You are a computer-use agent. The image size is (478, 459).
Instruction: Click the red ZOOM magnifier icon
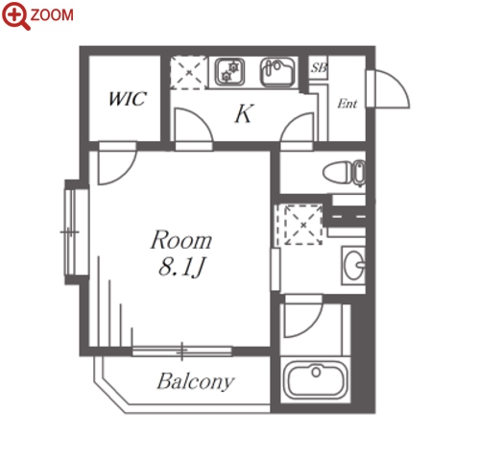15,15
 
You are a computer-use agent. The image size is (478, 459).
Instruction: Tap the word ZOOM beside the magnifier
52,15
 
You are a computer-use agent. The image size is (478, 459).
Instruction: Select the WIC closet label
127,99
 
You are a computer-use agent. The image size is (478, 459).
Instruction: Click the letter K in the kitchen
244,113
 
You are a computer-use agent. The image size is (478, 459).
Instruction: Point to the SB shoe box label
319,67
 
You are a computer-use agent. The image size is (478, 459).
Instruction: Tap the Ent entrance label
347,104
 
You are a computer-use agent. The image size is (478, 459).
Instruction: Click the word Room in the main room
181,240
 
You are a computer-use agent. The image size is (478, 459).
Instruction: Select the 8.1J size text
181,267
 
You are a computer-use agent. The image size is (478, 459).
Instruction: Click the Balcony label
196,381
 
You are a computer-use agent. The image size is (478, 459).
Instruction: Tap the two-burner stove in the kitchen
229,72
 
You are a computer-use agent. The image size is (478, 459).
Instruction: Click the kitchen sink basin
277,72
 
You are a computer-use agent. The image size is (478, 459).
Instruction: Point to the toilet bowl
344,173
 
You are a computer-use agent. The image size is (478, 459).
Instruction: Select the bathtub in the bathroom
316,380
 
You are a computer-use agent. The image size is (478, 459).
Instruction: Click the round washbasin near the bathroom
353,265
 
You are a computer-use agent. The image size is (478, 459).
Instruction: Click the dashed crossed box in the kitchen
189,72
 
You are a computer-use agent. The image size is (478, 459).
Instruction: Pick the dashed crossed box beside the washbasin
303,225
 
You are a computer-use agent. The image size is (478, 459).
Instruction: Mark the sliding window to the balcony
181,351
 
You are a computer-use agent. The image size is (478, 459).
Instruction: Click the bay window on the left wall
72,232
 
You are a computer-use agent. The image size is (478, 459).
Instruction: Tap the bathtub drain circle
316,372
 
